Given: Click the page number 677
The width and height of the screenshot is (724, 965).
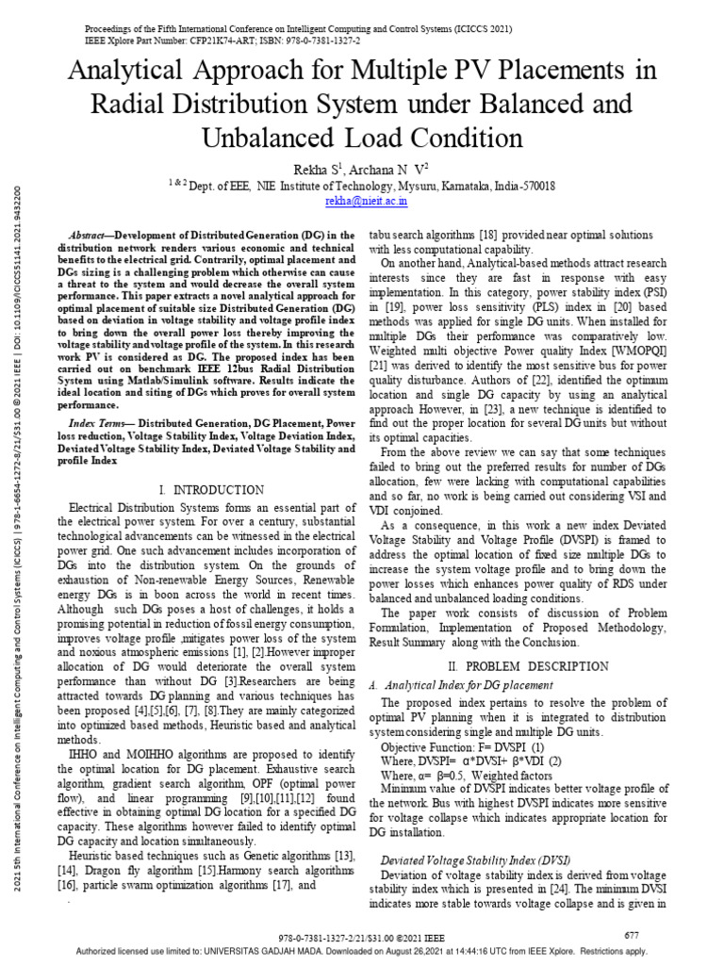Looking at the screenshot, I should pyautogui.click(x=633, y=934).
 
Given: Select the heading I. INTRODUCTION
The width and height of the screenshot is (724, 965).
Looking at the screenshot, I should pyautogui.click(x=211, y=490).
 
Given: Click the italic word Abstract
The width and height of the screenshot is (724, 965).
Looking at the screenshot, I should pyautogui.click(x=92, y=234).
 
